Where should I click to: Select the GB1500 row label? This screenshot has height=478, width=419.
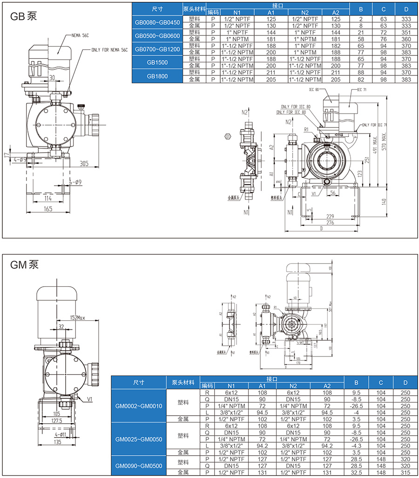click(x=157, y=62)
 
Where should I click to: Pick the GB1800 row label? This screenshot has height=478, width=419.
click(x=157, y=76)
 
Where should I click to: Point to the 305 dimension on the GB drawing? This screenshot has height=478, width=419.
click(x=84, y=163)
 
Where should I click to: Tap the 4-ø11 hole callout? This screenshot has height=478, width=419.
click(x=55, y=435)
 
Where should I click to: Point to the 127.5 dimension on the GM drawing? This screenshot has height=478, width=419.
click(x=56, y=420)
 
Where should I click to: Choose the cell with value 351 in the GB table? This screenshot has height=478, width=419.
click(x=405, y=33)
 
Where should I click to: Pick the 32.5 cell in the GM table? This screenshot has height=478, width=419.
click(x=356, y=472)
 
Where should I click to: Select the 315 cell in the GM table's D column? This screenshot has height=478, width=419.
click(x=405, y=472)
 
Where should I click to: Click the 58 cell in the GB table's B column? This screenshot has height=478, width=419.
click(x=360, y=39)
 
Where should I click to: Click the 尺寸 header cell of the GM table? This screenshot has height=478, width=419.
click(x=138, y=382)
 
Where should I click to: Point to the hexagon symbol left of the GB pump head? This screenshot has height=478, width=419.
click(x=228, y=136)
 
